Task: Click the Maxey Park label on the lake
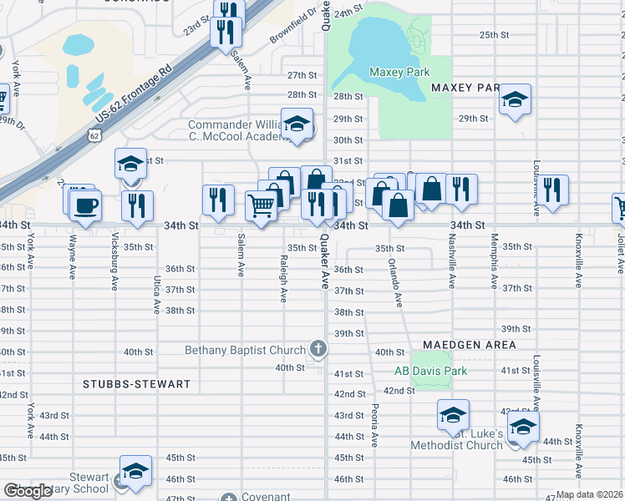pyautogui.click(x=399, y=73)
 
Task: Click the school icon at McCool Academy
pyautogui.click(x=296, y=124)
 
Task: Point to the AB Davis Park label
pyautogui.click(x=430, y=371)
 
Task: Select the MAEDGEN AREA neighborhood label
pyautogui.click(x=468, y=344)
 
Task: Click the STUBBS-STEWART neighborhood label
pyautogui.click(x=137, y=384)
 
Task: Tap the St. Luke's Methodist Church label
pyautogui.click(x=456, y=440)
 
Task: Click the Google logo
pyautogui.click(x=28, y=491)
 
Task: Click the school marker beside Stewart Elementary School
pyautogui.click(x=135, y=471)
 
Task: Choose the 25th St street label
pyautogui.click(x=494, y=34)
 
